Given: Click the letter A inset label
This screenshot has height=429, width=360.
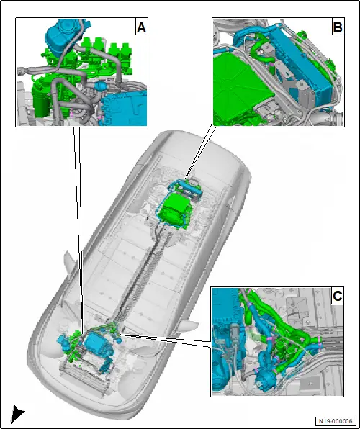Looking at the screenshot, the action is coord(142,27).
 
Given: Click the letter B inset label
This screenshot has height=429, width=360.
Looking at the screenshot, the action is coord(338,27).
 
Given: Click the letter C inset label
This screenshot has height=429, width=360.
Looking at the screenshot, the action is coord(337,296).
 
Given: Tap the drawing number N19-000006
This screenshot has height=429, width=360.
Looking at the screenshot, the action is coord(336,421).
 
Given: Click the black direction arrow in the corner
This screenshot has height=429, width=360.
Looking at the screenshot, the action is coord(17,414).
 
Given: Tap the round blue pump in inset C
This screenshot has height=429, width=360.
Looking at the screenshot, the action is coord(266,376).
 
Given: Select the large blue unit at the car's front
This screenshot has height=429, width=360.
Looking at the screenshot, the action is coord(96,344).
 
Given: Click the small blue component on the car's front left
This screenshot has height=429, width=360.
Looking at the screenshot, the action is coord(63,342).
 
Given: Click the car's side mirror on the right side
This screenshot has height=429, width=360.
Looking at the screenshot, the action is coord(191,325).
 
